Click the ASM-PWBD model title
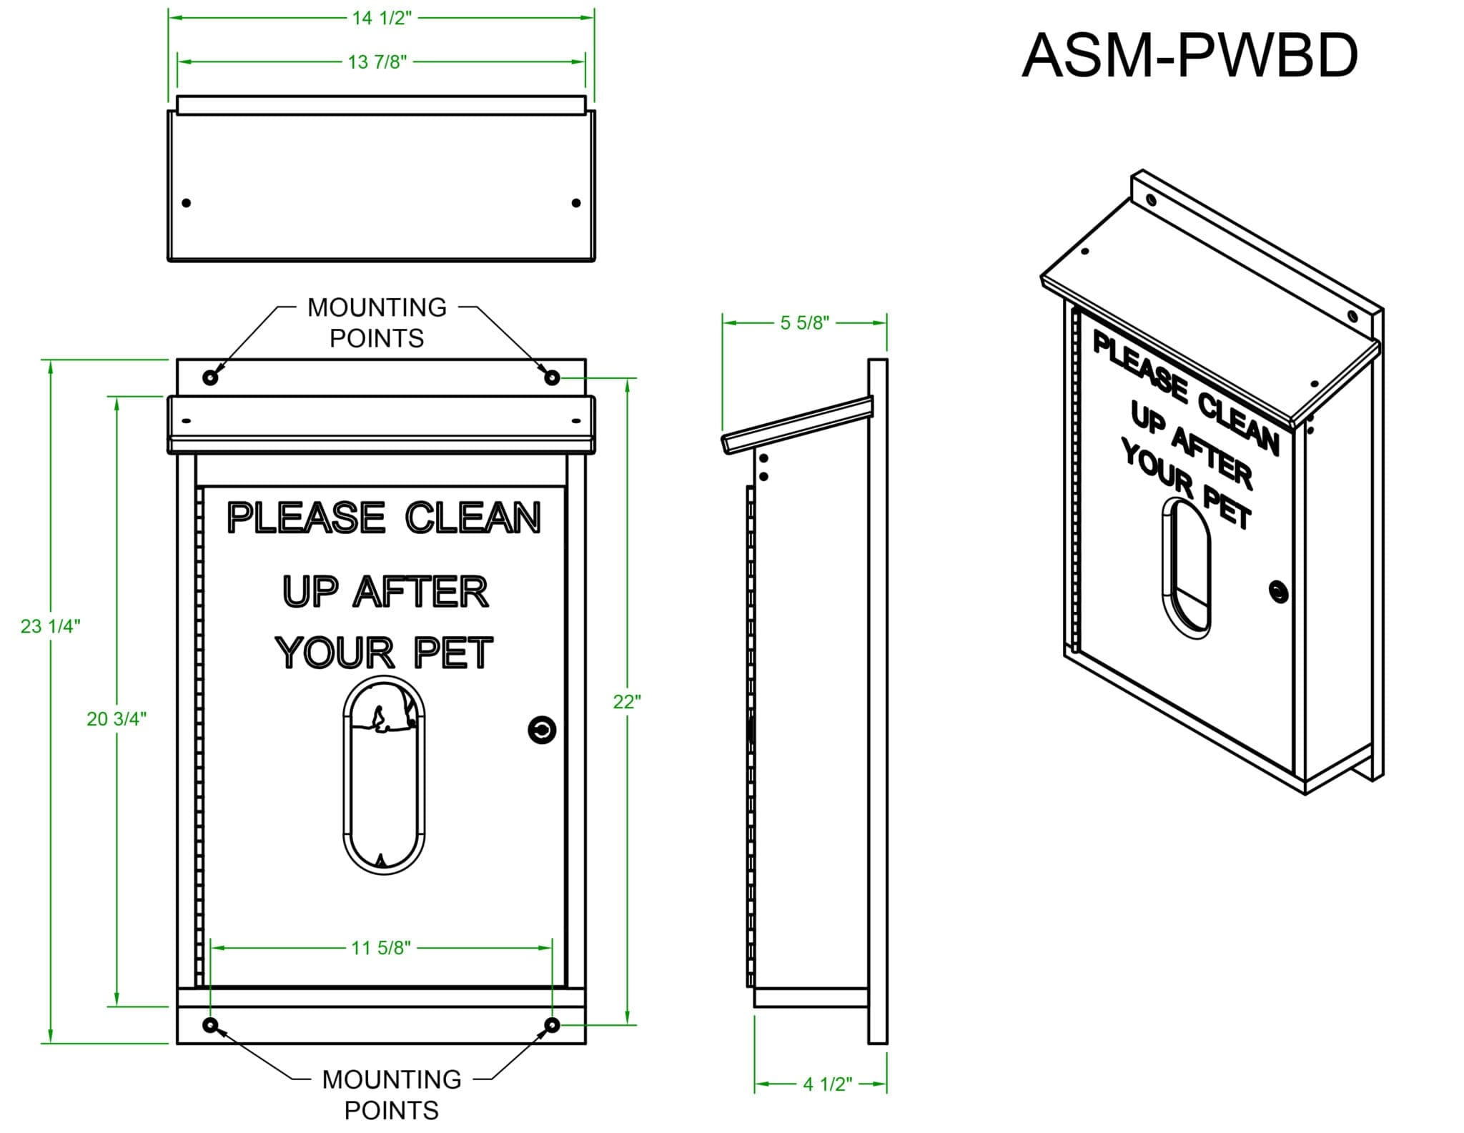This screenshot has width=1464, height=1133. pos(1189,56)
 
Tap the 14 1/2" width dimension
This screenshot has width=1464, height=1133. pos(382,18)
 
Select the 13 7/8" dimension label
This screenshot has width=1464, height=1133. pos(377,62)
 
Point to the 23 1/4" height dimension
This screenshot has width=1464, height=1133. pos(50,626)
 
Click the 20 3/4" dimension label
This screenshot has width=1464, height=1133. pos(117,719)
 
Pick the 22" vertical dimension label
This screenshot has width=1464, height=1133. pos(627,702)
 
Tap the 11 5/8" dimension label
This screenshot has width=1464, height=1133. pos(381,948)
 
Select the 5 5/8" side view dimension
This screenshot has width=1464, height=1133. pos(805,323)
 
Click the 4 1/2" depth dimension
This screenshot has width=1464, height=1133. pos(827,1084)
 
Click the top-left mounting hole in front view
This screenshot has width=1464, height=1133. pos(210,377)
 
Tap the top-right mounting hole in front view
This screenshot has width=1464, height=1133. pos(552,377)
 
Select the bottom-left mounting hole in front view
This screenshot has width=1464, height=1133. pos(210,1025)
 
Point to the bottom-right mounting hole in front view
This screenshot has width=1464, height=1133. pos(552,1025)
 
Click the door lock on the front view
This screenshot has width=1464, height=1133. pos(541,730)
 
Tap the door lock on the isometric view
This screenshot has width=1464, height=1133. pos(1279,591)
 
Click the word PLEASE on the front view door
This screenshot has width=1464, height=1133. pos(307,518)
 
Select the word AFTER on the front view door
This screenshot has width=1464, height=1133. pos(422,593)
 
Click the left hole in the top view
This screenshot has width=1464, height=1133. pos(187,203)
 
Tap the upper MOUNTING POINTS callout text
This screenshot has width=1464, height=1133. pos(377,322)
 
